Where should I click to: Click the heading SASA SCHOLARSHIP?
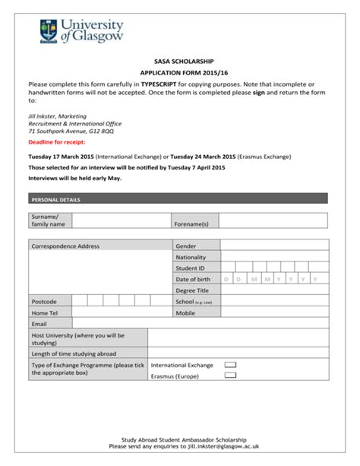pyautogui.click(x=179, y=61)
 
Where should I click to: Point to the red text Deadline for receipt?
pyautogui.click(x=55, y=142)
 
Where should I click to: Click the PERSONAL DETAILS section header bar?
pyautogui.click(x=178, y=199)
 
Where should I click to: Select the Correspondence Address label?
pyautogui.click(x=65, y=246)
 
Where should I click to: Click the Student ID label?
pyautogui.click(x=191, y=268)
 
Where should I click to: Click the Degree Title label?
pyautogui.click(x=192, y=290)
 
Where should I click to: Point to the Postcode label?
pyautogui.click(x=44, y=302)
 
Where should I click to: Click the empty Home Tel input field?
pyautogui.click(x=122, y=312)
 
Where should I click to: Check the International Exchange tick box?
pyautogui.click(x=230, y=365)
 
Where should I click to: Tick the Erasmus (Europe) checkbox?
pyautogui.click(x=230, y=376)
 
